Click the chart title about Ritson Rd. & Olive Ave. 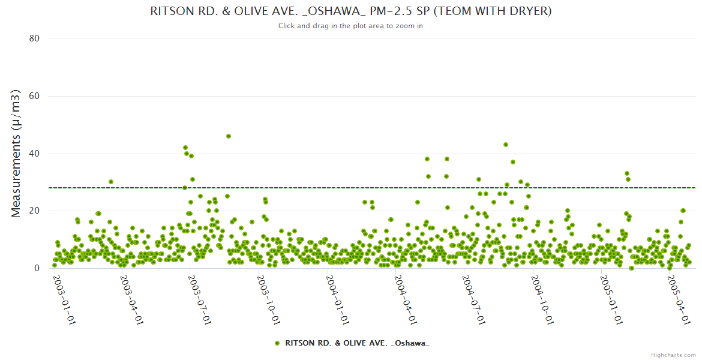(x=350, y=11)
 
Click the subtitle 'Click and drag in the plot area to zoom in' (x=350, y=26)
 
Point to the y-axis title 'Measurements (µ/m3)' (x=17, y=153)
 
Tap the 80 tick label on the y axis (x=34, y=38)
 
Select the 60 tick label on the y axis (x=34, y=96)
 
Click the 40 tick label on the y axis (x=34, y=154)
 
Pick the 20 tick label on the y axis (x=34, y=211)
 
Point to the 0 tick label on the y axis (x=37, y=269)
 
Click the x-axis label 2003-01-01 (x=64, y=299)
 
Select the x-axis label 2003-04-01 (x=131, y=299)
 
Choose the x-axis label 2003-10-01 (x=268, y=299)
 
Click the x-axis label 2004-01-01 (x=337, y=299)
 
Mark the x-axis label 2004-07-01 (x=473, y=299)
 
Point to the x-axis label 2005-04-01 (x=679, y=299)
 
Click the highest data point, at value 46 (x=229, y=136)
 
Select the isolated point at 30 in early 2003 (x=111, y=182)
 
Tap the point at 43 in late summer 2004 (x=506, y=145)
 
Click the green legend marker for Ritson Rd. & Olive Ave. (x=277, y=343)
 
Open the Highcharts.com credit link (x=673, y=355)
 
